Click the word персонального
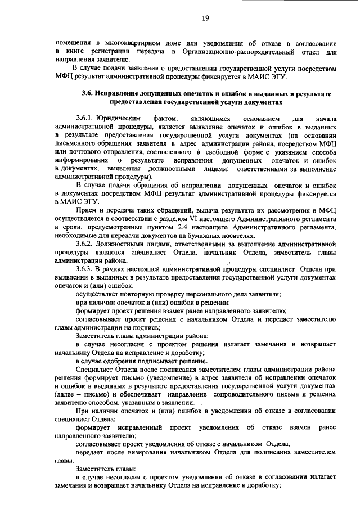(205, 295)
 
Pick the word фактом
(167, 119)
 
